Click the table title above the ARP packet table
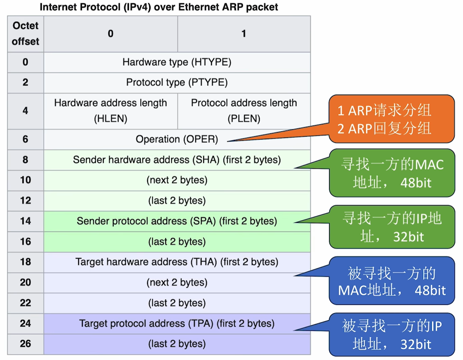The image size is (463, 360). coord(159,7)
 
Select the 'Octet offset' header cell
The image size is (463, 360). coord(26,34)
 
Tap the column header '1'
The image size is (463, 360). coord(244,34)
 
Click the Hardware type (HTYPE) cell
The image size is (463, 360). coord(177,62)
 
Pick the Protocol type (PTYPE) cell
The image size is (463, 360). coord(177,82)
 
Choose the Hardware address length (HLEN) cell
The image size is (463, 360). coord(111,111)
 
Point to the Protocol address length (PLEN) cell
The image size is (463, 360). coord(244,111)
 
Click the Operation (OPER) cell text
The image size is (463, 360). coord(177,139)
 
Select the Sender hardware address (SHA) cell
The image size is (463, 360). coord(177,160)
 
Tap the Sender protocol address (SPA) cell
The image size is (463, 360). coord(177,221)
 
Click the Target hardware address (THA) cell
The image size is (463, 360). coord(177,262)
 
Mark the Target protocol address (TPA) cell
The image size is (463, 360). coord(177,323)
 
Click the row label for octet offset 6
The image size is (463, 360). coord(26,139)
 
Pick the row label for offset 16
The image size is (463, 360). coord(26,242)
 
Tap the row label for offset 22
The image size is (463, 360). coord(26,303)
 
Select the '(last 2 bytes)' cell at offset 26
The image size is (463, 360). coord(177,344)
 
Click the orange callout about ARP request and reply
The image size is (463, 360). coord(392,119)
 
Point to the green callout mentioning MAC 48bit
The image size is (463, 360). coord(392,173)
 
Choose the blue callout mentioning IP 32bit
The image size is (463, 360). coord(392,335)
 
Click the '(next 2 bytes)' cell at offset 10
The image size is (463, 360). coord(177,180)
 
